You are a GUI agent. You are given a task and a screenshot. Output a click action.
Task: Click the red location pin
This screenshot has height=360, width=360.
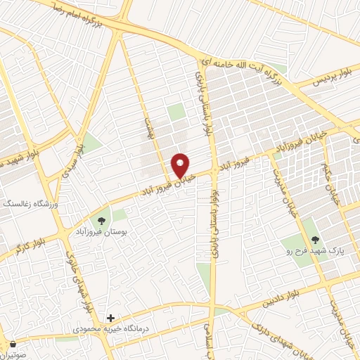pos(181,165)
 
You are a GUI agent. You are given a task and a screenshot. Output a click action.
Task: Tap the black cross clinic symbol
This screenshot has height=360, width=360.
pos(109,318)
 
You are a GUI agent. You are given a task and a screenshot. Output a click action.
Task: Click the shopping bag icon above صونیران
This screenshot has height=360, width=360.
pos(14,345)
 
